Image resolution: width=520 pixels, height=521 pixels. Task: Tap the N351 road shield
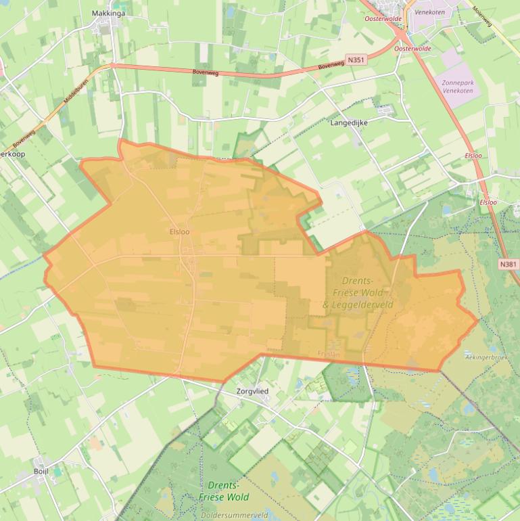click(356, 61)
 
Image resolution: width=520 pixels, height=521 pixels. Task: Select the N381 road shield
click(508, 263)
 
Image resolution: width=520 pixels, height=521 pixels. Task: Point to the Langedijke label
click(348, 123)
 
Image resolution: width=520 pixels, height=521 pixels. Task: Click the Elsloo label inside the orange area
click(180, 231)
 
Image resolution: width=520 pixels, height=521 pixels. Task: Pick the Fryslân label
click(327, 353)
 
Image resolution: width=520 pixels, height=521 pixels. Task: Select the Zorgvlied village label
click(253, 391)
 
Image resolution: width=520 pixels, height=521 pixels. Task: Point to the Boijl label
click(41, 472)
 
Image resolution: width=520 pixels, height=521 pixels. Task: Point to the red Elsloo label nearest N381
click(488, 202)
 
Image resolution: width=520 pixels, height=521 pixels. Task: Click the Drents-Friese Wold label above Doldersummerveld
click(224, 491)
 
